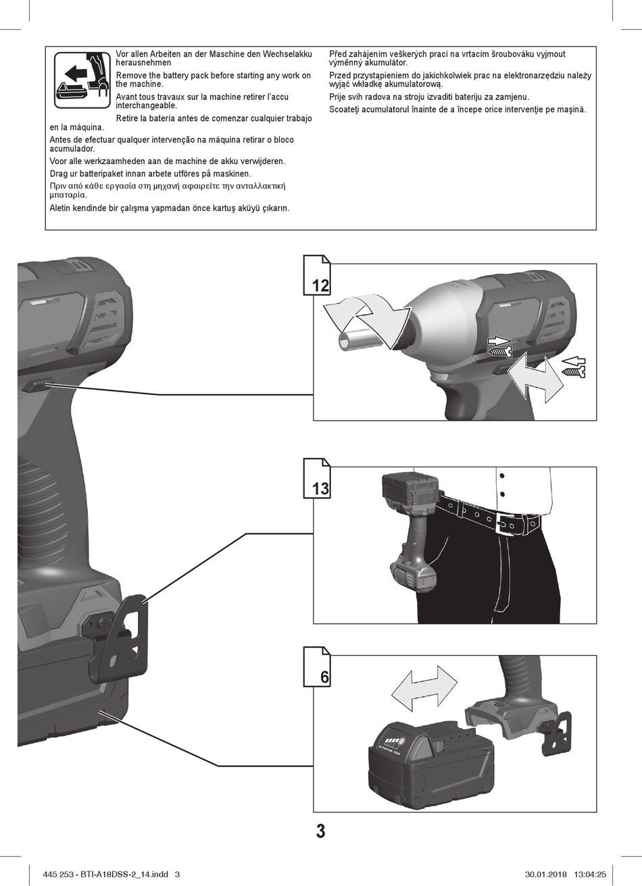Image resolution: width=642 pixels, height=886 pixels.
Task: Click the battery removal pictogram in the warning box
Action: (81, 81)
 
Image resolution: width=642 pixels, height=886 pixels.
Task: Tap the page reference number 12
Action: (320, 285)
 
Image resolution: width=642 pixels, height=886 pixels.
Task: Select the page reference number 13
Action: (320, 488)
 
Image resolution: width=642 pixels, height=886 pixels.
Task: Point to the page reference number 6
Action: (324, 677)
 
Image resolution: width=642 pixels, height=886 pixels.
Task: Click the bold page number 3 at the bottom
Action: (320, 831)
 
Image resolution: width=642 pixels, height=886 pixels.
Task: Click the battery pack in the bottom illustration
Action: (430, 758)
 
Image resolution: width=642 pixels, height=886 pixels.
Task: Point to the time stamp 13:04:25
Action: (590, 875)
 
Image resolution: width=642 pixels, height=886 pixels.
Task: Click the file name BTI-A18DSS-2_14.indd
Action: (124, 875)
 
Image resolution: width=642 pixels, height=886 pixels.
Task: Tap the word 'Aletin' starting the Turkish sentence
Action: (62, 208)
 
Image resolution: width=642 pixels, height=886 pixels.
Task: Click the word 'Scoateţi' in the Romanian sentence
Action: (346, 109)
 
